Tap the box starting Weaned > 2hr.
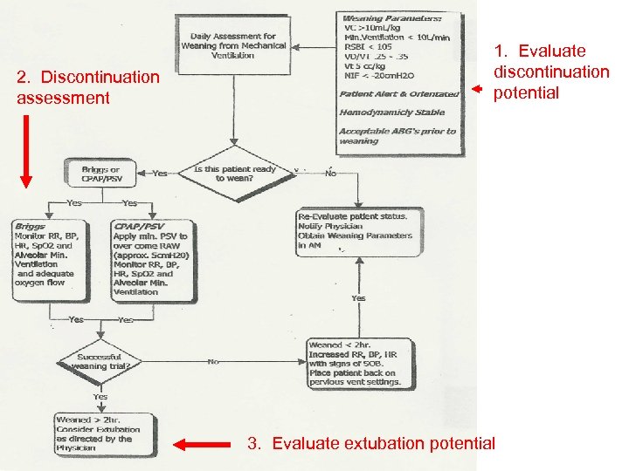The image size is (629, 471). point(103,433)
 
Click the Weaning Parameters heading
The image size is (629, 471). point(392,17)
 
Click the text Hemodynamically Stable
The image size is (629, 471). point(392,112)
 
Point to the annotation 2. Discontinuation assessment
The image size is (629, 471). point(87,87)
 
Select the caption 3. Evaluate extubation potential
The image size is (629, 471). point(371,444)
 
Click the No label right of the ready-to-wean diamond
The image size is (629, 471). point(331,174)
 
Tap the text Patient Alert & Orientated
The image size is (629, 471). point(399,94)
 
